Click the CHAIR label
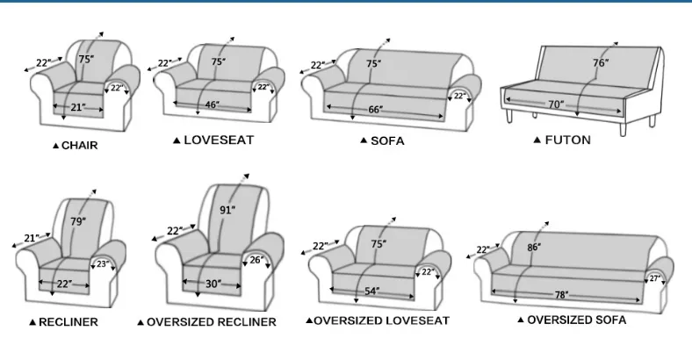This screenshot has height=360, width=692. [x=79, y=146]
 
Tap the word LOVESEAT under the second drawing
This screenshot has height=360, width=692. [x=219, y=140]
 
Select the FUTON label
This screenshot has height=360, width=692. [x=567, y=140]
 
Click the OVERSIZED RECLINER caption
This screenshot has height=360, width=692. [x=211, y=322]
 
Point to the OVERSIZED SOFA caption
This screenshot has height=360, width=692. [x=576, y=320]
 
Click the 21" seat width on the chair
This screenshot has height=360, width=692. [x=78, y=107]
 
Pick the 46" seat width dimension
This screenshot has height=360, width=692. [x=213, y=105]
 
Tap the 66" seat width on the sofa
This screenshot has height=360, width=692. [x=376, y=110]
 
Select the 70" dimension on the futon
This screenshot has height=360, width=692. [x=556, y=104]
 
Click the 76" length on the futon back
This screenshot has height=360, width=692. [x=601, y=63]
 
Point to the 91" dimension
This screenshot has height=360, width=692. [x=227, y=210]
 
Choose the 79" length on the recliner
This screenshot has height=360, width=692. [x=78, y=221]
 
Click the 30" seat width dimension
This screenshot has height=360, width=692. [x=213, y=284]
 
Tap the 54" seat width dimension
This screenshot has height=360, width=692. [x=372, y=292]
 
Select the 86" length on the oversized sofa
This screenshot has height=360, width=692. [x=534, y=247]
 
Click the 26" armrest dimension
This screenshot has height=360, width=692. [x=256, y=260]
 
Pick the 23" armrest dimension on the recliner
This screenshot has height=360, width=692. [x=103, y=264]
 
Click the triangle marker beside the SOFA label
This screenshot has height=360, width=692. [x=364, y=140]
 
